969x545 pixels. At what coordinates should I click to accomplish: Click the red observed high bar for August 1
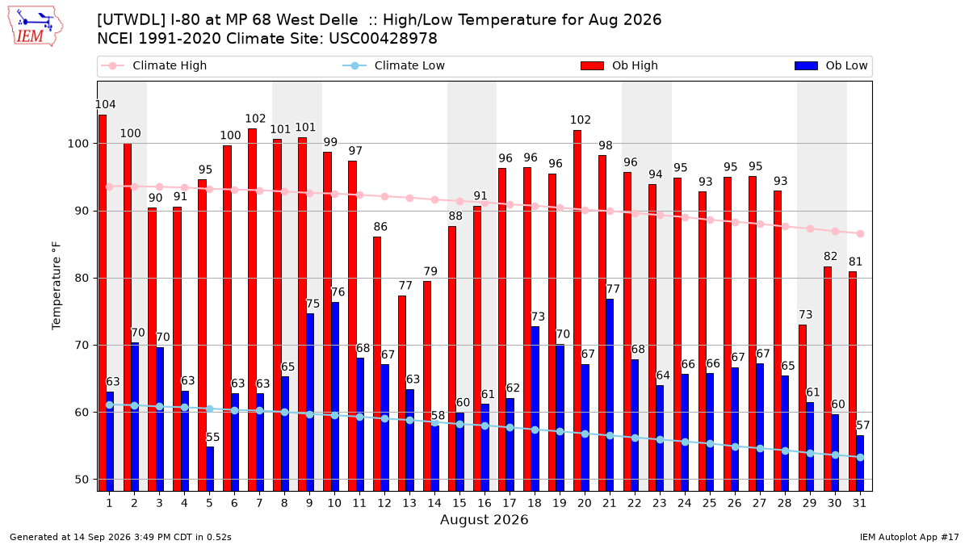point(103,303)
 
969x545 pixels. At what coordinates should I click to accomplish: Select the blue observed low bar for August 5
point(210,469)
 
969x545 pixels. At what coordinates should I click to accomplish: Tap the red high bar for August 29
point(803,408)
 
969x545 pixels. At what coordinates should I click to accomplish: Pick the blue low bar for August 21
point(610,395)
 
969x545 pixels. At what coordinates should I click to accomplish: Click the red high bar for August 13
point(402,393)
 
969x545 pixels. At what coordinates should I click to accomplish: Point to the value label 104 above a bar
point(105,104)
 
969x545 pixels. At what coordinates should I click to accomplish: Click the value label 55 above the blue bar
point(212,437)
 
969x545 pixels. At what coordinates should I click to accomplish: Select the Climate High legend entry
point(153,65)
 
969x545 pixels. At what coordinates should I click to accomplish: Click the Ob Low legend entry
point(831,65)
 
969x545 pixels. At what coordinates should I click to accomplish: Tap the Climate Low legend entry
point(394,65)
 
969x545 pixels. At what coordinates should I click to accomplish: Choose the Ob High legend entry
point(619,65)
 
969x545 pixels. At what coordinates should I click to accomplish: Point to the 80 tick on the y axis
point(82,278)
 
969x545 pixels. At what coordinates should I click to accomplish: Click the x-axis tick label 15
point(459,503)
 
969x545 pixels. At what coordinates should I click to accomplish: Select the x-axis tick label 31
point(859,503)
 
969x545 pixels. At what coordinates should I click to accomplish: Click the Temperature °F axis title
point(57,286)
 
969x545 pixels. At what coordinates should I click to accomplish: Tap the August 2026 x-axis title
point(484,519)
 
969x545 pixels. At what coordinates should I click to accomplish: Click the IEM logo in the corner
point(35,27)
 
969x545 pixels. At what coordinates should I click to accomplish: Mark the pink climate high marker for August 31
point(860,233)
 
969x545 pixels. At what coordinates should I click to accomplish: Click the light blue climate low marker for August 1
point(110,405)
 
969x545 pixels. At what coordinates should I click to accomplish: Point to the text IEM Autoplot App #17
point(909,537)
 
